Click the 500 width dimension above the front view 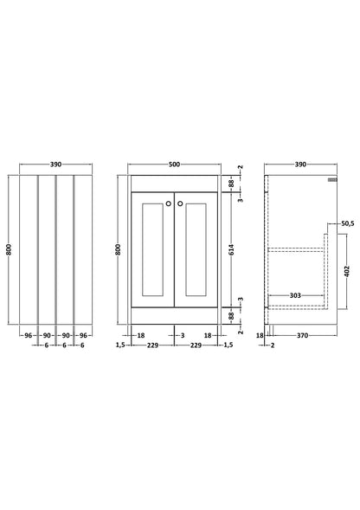(x=174, y=165)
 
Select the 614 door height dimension (x=231, y=249)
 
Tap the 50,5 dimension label (x=347, y=223)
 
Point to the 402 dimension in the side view (x=347, y=271)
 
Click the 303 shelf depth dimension (x=295, y=295)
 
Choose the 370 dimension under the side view (x=302, y=335)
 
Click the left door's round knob (x=169, y=203)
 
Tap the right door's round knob (x=180, y=203)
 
